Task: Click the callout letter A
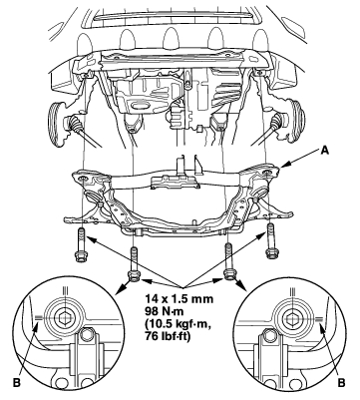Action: point(324,151)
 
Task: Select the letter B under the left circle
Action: point(17,383)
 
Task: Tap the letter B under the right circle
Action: point(341,383)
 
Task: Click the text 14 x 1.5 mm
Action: point(179,298)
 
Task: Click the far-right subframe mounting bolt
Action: point(271,240)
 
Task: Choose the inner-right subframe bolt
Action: point(229,261)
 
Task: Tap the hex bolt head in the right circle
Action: point(293,318)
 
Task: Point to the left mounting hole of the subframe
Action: point(83,180)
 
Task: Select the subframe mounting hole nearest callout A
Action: point(266,173)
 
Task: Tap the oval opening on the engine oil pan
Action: point(137,106)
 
